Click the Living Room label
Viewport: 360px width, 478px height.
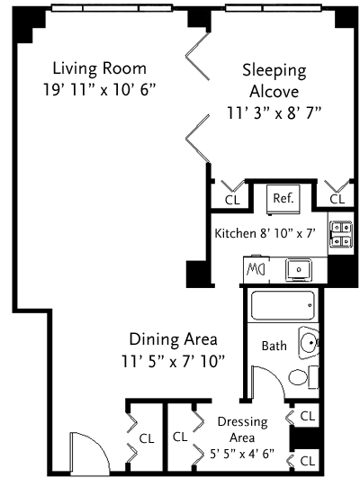(x=100, y=68)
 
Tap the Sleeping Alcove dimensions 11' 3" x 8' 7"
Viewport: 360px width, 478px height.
(x=274, y=113)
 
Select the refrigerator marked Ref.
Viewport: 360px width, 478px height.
(x=283, y=200)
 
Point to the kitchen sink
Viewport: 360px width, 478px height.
(x=299, y=270)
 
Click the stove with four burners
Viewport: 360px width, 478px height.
(x=341, y=233)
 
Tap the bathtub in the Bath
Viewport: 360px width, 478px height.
(x=283, y=305)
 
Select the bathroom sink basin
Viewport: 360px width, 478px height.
(x=309, y=343)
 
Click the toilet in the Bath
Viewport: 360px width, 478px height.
(x=303, y=377)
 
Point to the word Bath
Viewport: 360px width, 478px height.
(x=274, y=346)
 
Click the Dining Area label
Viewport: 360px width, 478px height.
(x=173, y=339)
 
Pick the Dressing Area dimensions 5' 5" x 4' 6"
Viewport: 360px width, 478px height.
(x=242, y=454)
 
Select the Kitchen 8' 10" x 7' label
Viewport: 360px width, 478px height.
(x=265, y=233)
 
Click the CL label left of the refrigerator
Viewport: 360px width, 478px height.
(x=232, y=200)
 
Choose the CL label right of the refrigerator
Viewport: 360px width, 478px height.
(x=337, y=199)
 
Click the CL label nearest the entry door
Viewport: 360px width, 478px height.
(x=147, y=438)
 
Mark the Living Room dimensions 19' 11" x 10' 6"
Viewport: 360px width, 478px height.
(x=100, y=90)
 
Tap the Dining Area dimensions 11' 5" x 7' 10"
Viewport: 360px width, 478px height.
(x=173, y=362)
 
